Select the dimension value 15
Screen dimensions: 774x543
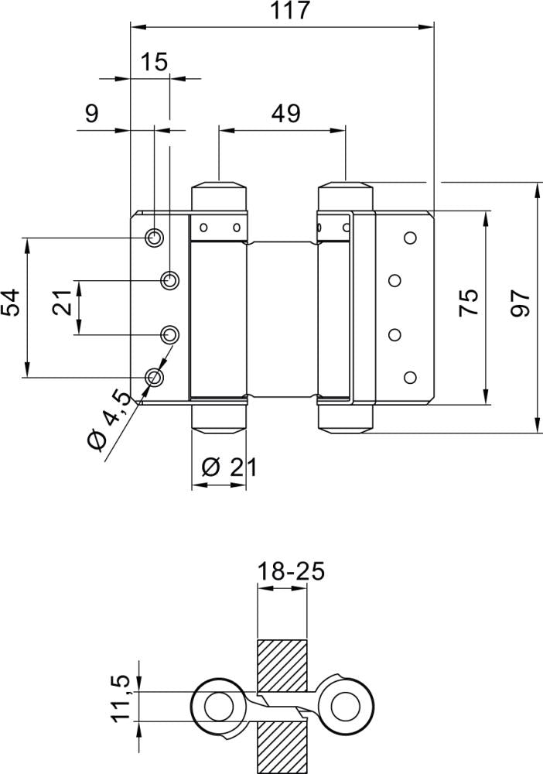pos(155,63)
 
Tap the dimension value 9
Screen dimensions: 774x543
pos(91,114)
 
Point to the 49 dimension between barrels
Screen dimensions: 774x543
pos(285,114)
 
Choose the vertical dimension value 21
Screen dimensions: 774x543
pos(64,303)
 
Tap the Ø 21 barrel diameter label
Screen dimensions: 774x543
pos(228,467)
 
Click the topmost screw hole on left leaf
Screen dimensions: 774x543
pos(155,237)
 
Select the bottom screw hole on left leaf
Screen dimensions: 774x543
pos(155,377)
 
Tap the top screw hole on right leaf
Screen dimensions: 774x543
pos(410,238)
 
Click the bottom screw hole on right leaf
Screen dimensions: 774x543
pos(410,377)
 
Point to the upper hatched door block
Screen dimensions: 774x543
pos(282,666)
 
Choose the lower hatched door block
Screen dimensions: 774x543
pos(282,744)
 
